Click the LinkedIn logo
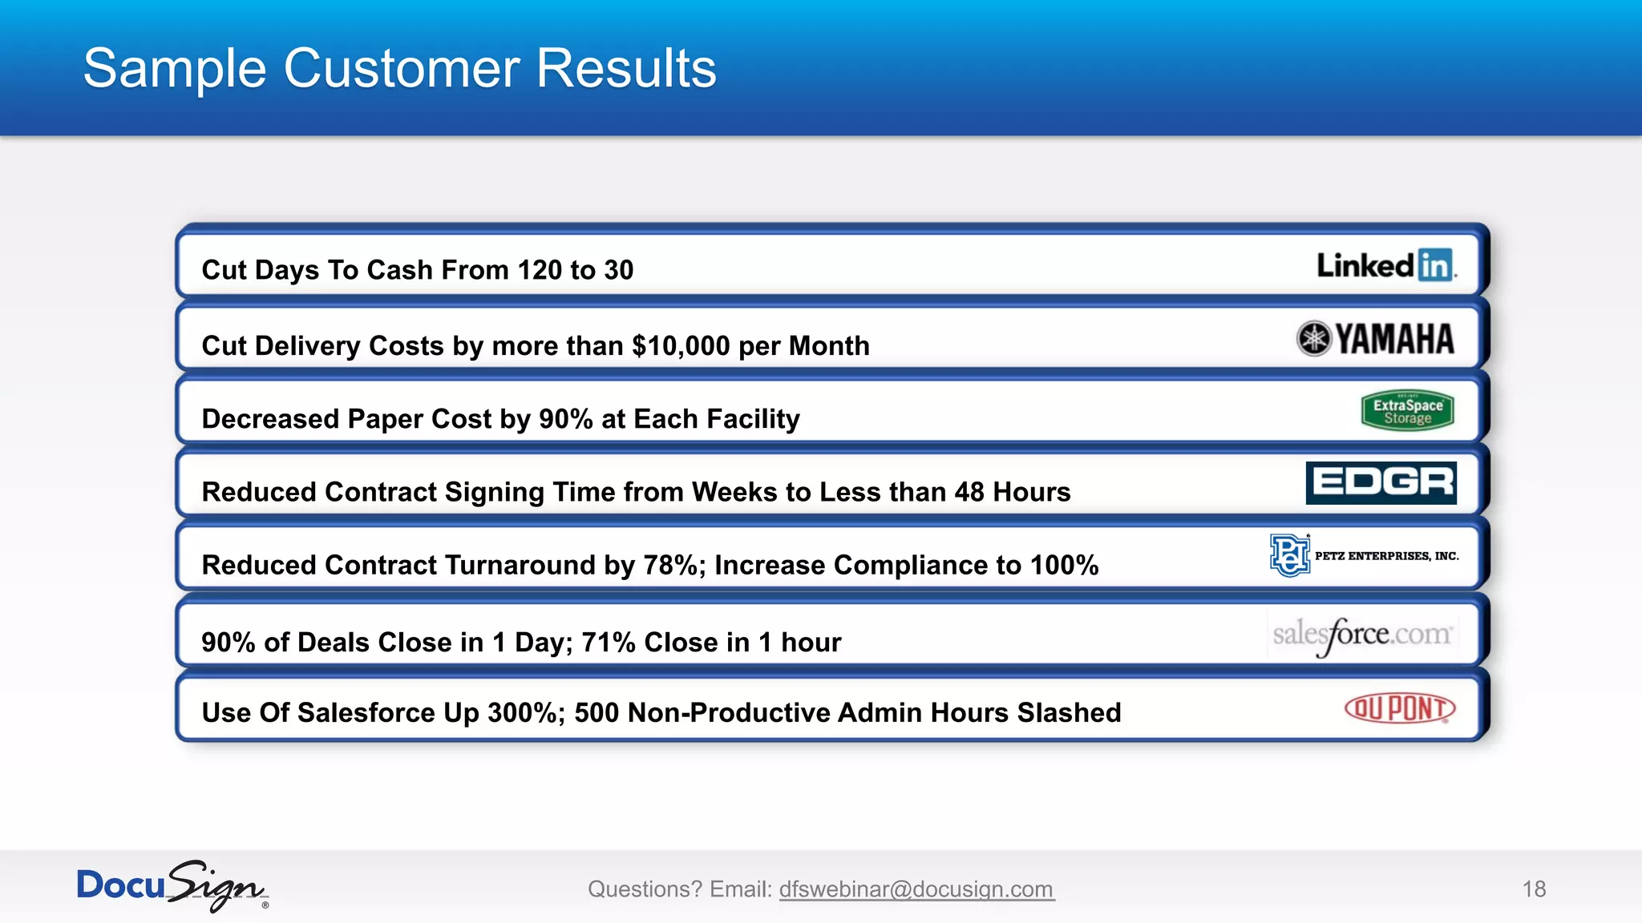click(1385, 265)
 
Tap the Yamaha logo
click(1375, 339)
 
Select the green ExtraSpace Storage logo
click(1407, 411)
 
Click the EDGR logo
click(1381, 482)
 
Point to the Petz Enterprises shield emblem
click(1289, 555)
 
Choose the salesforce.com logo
click(1361, 635)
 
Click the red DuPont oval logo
click(1399, 709)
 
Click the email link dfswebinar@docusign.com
click(916, 889)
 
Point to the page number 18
click(1534, 889)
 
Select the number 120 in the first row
click(540, 271)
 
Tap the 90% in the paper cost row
click(565, 419)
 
